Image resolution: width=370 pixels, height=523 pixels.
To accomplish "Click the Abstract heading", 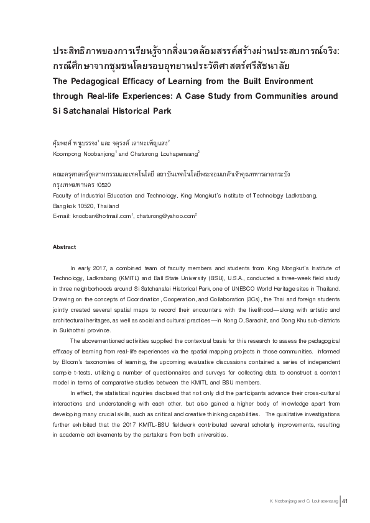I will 64,247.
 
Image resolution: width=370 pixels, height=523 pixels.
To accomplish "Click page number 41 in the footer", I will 346,501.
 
